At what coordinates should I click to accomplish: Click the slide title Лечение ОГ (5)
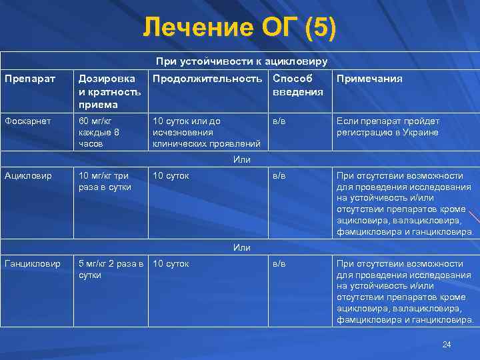240,28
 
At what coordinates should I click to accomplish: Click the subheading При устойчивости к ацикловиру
241,61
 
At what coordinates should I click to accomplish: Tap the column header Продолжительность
207,79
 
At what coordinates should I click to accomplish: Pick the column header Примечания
369,79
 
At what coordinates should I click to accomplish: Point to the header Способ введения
297,85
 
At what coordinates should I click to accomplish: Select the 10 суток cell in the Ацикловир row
171,176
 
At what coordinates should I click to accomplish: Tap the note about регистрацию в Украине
387,127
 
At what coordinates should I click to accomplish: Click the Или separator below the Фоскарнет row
241,159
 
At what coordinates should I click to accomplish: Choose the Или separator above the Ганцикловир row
241,247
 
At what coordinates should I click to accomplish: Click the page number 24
447,344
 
